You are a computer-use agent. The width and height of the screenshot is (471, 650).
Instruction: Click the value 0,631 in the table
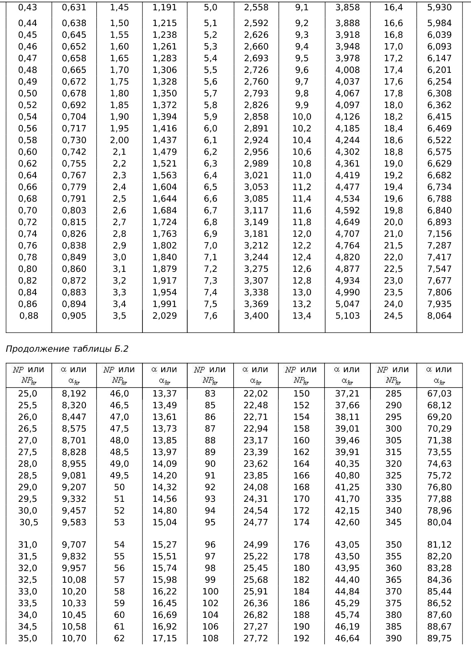coord(74,7)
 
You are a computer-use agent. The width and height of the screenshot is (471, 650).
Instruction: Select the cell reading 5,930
coord(439,7)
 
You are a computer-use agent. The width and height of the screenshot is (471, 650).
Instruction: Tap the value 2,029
coord(164,316)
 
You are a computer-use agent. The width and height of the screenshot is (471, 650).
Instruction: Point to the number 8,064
coord(439,316)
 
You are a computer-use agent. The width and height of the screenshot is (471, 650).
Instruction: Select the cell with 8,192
coord(74,394)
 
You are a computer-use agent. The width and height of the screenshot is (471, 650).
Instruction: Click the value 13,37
coord(164,394)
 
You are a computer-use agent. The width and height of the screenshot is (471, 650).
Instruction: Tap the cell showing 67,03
coord(439,394)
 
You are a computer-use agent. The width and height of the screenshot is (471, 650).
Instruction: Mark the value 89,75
coord(439,639)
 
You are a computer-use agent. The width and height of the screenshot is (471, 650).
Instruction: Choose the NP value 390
coord(393,639)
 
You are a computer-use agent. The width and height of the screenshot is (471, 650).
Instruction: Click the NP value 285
coord(393,394)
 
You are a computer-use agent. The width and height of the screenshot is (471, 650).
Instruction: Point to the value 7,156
coord(439,234)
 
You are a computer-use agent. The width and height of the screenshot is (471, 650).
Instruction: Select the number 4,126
coord(347,117)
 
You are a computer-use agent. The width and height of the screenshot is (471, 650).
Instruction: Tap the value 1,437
coord(164,140)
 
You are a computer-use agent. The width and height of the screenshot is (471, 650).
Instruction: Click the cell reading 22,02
coord(256,394)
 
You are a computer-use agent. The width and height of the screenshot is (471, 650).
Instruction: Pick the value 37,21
coord(347,394)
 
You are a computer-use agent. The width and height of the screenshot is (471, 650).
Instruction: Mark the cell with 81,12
coord(439,545)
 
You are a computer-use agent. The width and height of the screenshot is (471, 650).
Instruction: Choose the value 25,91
coord(256,592)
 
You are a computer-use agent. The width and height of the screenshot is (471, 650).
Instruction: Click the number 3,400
coord(256,316)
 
